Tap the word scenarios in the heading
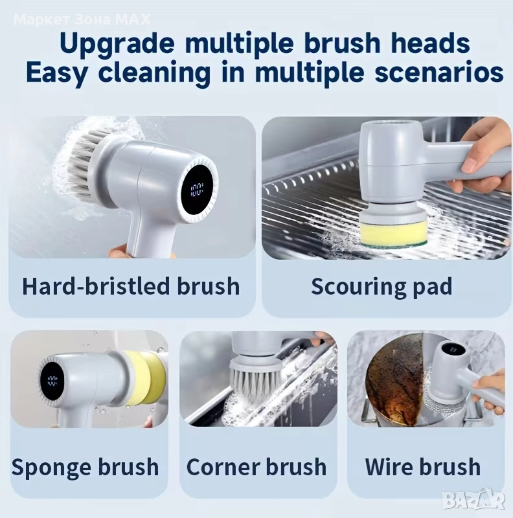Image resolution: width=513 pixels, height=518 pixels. tap(439, 73)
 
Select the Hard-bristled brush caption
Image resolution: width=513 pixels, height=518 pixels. tap(131, 286)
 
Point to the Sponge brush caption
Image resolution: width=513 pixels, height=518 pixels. tap(85, 467)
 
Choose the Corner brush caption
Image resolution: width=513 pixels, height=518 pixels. tap(256, 467)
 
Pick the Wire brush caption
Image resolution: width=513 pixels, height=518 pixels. tap(423, 467)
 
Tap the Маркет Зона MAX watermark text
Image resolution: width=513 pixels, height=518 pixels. tap(83, 20)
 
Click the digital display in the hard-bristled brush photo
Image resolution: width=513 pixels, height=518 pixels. tap(197, 190)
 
